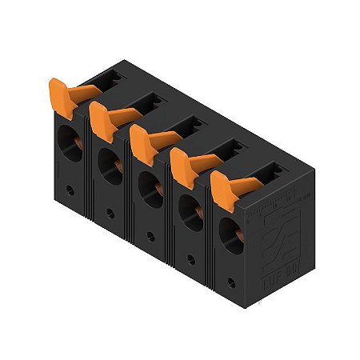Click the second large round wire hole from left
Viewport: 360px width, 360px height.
point(107,166)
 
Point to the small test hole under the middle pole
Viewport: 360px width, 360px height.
point(150,237)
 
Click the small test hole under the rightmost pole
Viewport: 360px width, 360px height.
point(232,282)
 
